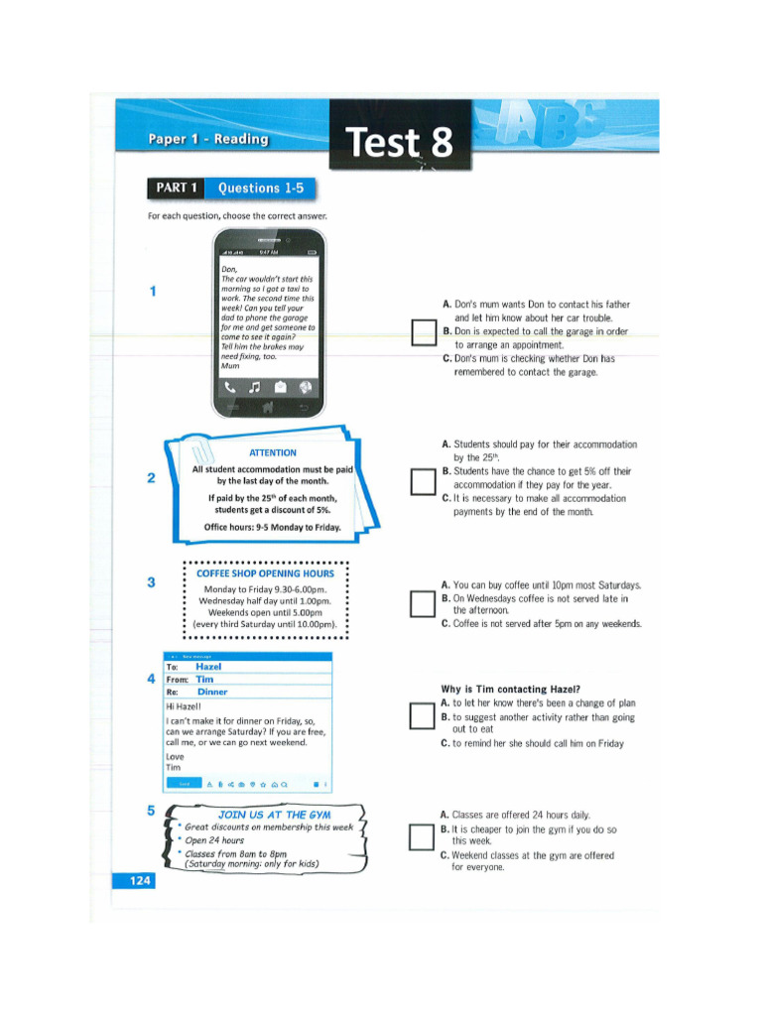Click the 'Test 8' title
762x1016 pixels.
(x=399, y=144)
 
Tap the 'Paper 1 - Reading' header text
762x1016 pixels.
(x=208, y=139)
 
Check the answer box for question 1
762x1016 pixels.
(x=423, y=332)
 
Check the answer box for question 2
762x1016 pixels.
(x=423, y=481)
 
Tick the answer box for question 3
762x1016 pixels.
(x=423, y=604)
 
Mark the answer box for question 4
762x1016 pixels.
(x=423, y=716)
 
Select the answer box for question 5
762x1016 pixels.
(x=423, y=838)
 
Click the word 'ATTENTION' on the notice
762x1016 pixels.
(x=272, y=452)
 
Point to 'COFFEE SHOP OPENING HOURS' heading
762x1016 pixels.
(x=265, y=573)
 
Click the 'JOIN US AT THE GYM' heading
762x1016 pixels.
(x=274, y=815)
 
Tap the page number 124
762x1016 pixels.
(x=135, y=880)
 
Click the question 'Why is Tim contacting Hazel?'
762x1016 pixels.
(x=510, y=690)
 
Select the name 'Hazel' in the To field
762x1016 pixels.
(x=208, y=668)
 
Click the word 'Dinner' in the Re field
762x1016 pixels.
(x=212, y=692)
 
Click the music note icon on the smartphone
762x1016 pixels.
(x=255, y=387)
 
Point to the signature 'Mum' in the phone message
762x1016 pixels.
(x=230, y=366)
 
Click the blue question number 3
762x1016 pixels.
(x=152, y=582)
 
